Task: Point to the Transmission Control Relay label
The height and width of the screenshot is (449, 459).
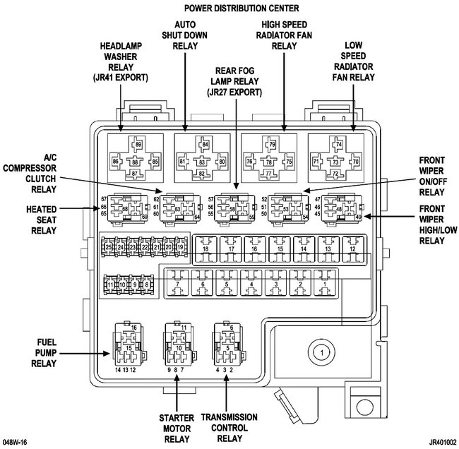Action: [x=227, y=427]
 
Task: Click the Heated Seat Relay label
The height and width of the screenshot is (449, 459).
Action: [x=43, y=220]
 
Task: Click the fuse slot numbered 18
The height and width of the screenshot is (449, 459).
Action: [x=206, y=249]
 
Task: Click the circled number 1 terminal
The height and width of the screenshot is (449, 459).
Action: [x=320, y=351]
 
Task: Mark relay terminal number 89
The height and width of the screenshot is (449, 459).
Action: [x=138, y=145]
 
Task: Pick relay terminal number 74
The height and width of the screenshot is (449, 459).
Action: [x=339, y=145]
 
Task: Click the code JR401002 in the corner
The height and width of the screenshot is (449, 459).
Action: [x=433, y=441]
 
